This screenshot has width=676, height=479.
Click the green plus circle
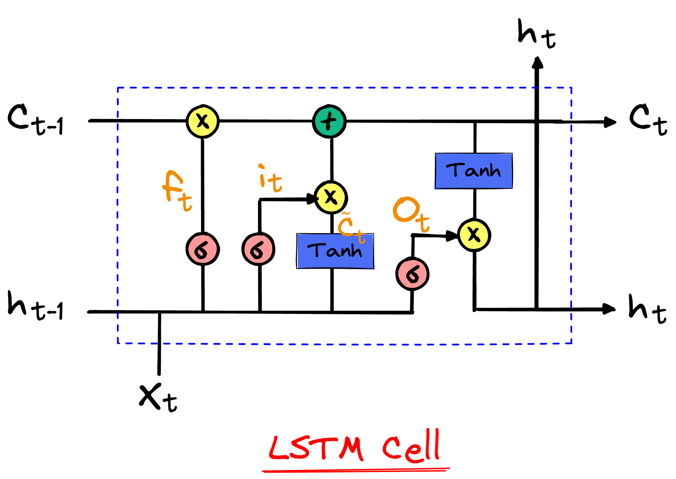coord(329,121)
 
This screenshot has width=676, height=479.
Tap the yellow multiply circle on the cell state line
coord(202,121)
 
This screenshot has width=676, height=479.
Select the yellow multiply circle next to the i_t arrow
coord(330,198)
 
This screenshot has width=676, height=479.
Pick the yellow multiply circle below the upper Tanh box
coord(474,235)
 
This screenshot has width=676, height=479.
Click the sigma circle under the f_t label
coord(202,249)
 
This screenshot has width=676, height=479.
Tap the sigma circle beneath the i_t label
coord(259,249)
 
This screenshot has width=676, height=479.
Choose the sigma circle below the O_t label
coord(412,274)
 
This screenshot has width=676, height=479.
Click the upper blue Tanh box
coord(474,171)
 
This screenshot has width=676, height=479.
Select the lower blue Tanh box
coord(335,251)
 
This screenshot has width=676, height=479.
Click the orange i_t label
coord(270,179)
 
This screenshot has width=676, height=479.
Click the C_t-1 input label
coord(35,119)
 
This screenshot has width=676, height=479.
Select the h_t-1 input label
coord(35,306)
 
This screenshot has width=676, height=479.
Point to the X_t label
coord(158,398)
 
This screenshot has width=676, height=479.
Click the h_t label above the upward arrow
coord(536,34)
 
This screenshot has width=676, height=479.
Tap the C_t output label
coord(648,119)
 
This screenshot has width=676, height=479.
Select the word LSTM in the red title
coord(316,448)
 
